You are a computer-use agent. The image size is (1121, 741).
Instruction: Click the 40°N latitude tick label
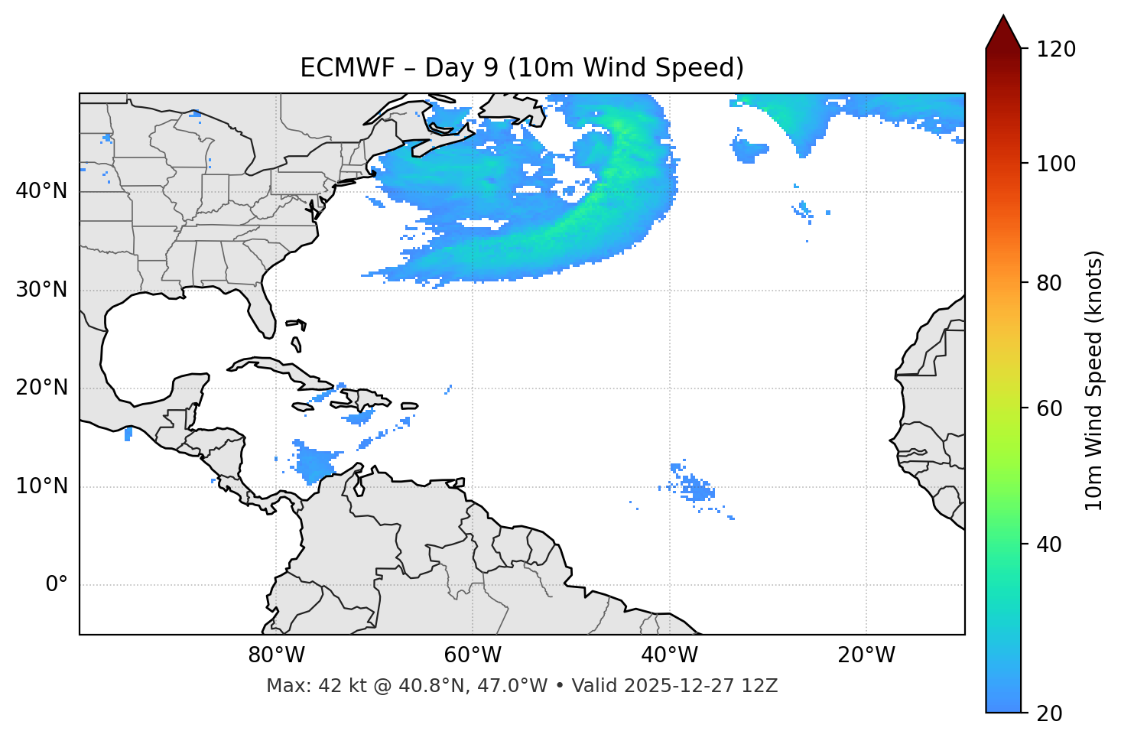click(41, 191)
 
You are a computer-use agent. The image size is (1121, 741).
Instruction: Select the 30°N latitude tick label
click(41, 290)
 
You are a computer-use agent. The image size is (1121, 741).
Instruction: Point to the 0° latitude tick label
click(57, 585)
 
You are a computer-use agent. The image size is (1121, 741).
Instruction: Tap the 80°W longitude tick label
click(276, 655)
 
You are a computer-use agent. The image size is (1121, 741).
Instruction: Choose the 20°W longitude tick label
click(866, 655)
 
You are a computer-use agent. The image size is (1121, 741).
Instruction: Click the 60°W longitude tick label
click(473, 655)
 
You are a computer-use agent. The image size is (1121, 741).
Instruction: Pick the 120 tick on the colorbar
click(1056, 50)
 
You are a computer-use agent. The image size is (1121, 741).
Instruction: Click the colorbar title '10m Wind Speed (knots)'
click(1094, 380)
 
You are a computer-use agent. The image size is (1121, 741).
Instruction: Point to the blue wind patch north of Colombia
click(314, 463)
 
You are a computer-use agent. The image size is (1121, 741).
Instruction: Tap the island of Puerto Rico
click(410, 406)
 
